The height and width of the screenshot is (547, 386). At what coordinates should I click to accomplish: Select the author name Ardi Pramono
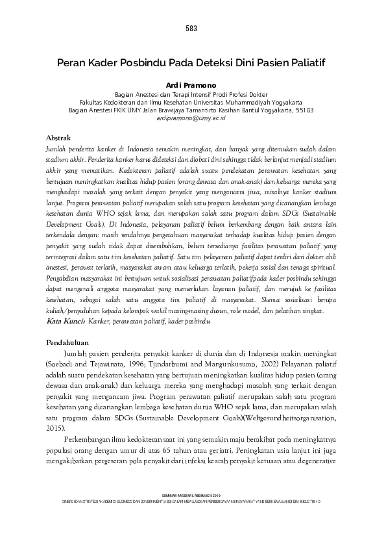click(193, 84)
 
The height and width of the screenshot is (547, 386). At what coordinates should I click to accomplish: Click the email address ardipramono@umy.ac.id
click(193, 118)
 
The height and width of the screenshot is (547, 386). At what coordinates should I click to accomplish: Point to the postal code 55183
click(306, 110)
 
